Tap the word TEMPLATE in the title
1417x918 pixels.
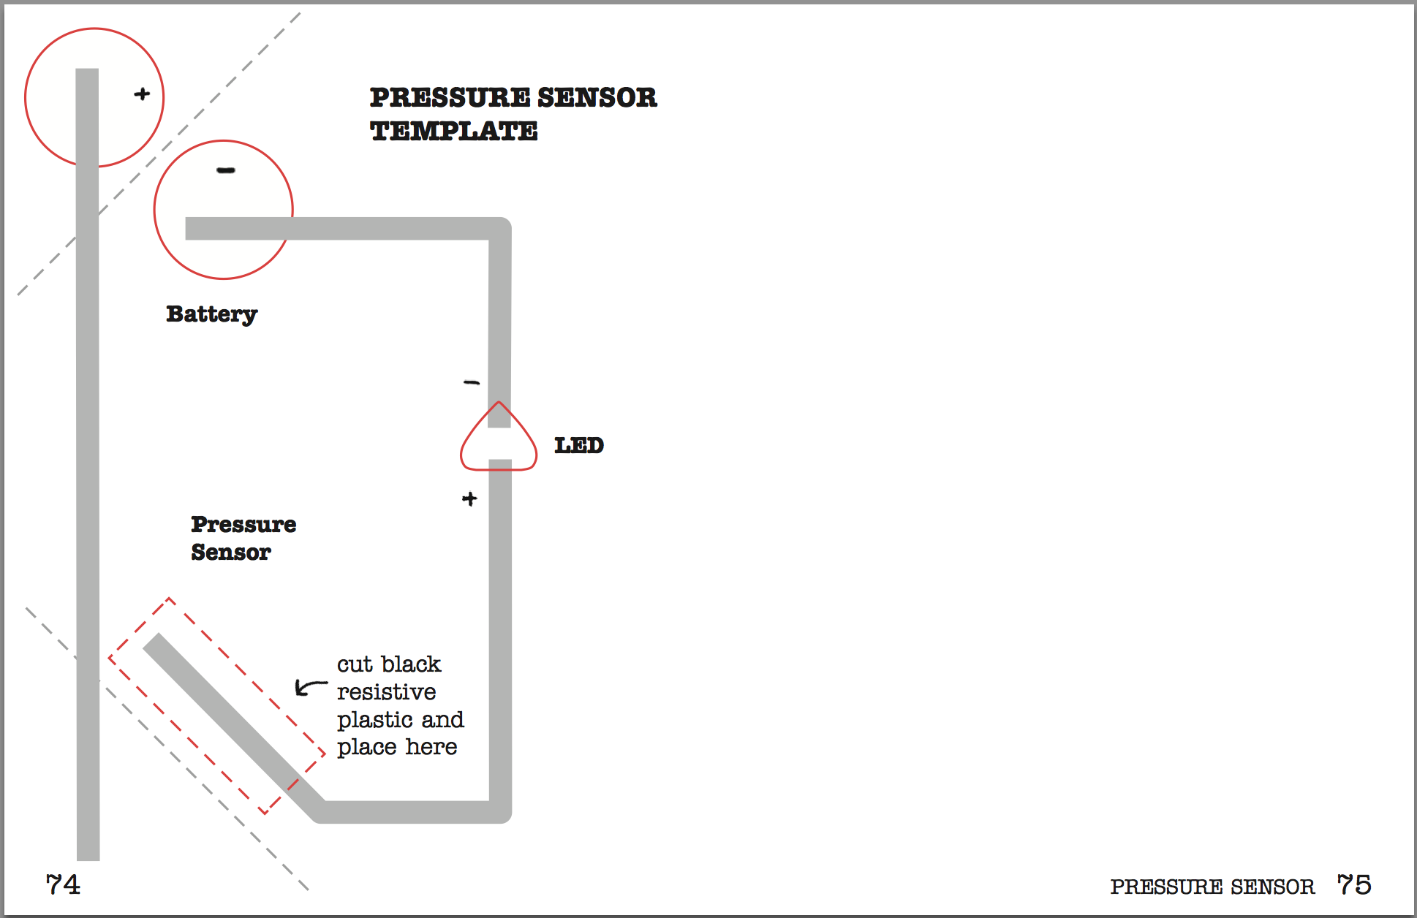pos(453,132)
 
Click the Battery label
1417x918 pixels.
pos(211,314)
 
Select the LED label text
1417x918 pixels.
pos(578,445)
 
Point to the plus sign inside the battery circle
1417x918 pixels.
pos(142,94)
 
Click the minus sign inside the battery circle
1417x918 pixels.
pos(226,170)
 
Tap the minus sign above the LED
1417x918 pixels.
pos(472,382)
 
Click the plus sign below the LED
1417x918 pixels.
pos(469,498)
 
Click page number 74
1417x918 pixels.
pos(63,884)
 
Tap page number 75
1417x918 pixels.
pos(1354,884)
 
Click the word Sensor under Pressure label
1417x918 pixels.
pos(231,552)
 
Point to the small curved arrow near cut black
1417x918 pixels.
pos(310,686)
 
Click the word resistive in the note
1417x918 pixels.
pos(386,691)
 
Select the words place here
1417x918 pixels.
pos(396,747)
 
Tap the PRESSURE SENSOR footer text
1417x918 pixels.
pos(1212,887)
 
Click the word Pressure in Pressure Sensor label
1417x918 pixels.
pos(243,524)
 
